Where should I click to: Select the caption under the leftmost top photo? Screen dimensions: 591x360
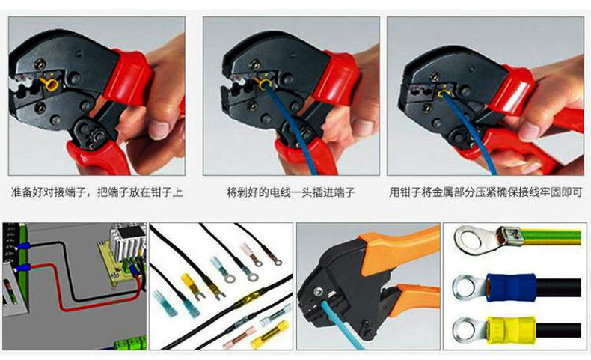(97, 192)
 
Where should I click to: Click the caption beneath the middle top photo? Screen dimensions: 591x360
(290, 192)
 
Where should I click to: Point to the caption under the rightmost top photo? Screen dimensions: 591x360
(486, 192)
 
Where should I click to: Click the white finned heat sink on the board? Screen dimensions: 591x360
(128, 240)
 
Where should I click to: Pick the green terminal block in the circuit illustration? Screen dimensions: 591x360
(130, 344)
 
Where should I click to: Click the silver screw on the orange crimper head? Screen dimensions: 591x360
(319, 290)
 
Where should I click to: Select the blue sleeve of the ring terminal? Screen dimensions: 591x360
(512, 287)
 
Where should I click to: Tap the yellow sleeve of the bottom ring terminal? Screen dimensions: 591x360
(512, 330)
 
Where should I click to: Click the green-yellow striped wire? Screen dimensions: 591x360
(551, 237)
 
